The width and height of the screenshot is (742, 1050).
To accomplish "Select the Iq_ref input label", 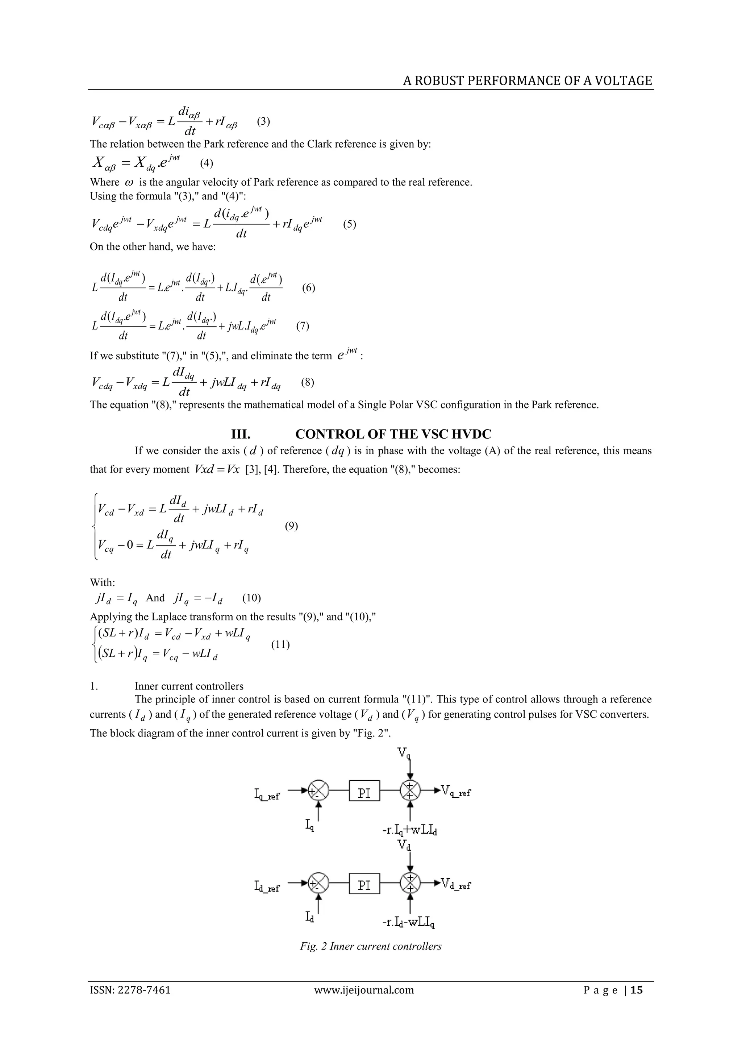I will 267,795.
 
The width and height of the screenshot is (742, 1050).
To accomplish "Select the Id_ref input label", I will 267,888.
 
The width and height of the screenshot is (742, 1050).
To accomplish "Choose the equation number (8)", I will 308,382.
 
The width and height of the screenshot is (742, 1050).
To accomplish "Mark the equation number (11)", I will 280,645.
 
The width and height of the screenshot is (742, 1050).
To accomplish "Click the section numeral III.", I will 241,434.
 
